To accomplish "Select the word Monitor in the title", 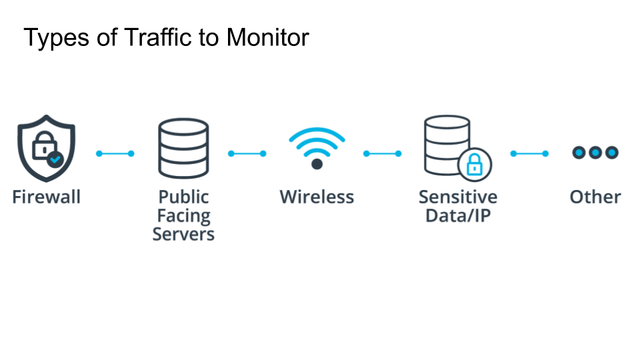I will click(x=268, y=38).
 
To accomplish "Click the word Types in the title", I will click(x=55, y=38).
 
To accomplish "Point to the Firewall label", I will click(x=46, y=197).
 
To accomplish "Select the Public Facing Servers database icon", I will click(x=183, y=149).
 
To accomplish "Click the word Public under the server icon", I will click(x=183, y=197).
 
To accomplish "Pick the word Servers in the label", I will click(x=183, y=235).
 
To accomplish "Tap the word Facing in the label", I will click(x=183, y=216).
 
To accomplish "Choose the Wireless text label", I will click(x=317, y=197).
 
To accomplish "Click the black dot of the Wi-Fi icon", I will click(x=317, y=164).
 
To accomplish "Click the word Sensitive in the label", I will click(x=458, y=197).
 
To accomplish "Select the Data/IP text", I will click(x=458, y=216).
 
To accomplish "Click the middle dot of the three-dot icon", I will click(x=595, y=153).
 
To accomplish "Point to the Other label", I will click(x=595, y=197).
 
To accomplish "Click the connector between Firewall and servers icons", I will click(x=115, y=153).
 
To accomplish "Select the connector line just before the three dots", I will click(x=529, y=153).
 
